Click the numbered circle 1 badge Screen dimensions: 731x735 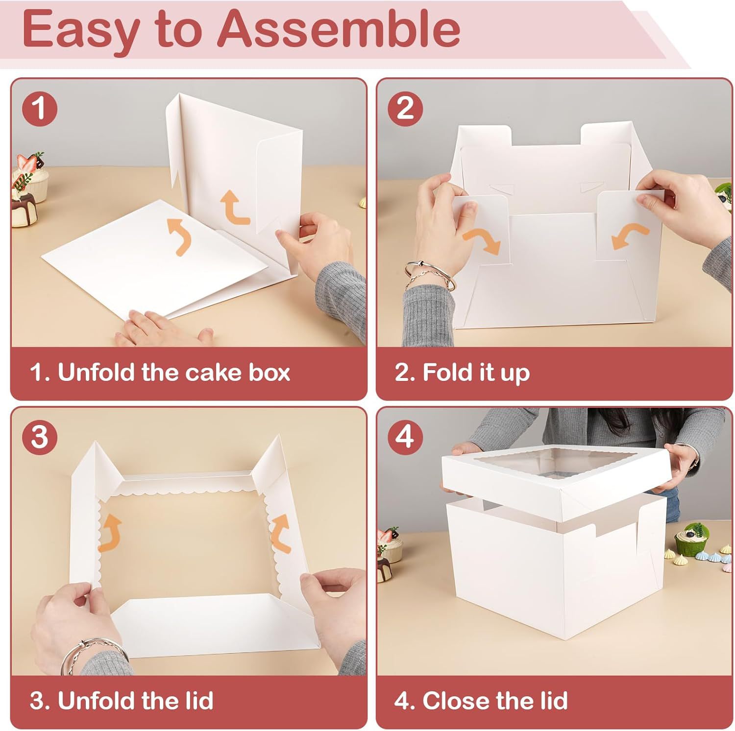[40, 108]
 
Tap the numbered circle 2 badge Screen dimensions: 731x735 [405, 108]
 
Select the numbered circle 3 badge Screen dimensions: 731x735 [40, 436]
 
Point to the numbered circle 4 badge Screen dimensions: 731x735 [405, 436]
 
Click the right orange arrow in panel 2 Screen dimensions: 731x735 [630, 236]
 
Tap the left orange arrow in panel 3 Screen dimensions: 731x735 [110, 533]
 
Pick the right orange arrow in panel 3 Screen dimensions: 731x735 [281, 533]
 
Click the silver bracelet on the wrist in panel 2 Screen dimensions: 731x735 [429, 277]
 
